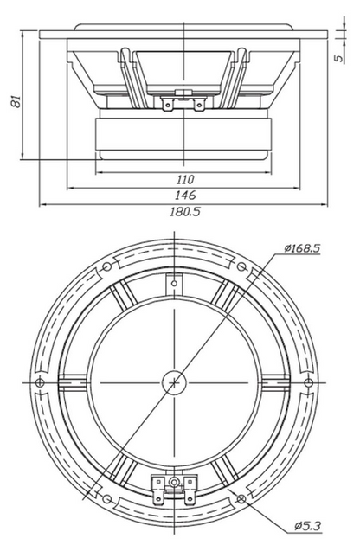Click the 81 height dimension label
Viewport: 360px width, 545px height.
tap(16, 100)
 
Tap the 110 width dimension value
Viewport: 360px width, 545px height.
tap(184, 180)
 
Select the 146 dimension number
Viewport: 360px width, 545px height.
tap(185, 196)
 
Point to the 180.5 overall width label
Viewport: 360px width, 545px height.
tap(184, 212)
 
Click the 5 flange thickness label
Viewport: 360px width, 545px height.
tap(339, 58)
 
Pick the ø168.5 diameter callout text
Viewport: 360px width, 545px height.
tap(301, 248)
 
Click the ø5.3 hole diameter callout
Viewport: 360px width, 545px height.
tap(307, 526)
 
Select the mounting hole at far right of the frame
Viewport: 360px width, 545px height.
tap(309, 382)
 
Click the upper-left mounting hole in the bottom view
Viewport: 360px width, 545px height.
tap(107, 266)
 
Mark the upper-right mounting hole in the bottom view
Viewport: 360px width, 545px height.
tap(241, 266)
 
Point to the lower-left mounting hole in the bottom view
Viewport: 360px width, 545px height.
tap(107, 499)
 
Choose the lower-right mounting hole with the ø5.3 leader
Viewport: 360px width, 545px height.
tap(241, 499)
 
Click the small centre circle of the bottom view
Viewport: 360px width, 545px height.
tap(174, 382)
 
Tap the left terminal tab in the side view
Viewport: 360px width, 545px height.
tap(168, 105)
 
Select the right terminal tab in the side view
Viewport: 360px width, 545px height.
tap(199, 105)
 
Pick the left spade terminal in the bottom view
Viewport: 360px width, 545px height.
tap(158, 490)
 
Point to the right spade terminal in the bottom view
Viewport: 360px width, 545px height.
tap(190, 490)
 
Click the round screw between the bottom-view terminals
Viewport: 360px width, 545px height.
tap(174, 482)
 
